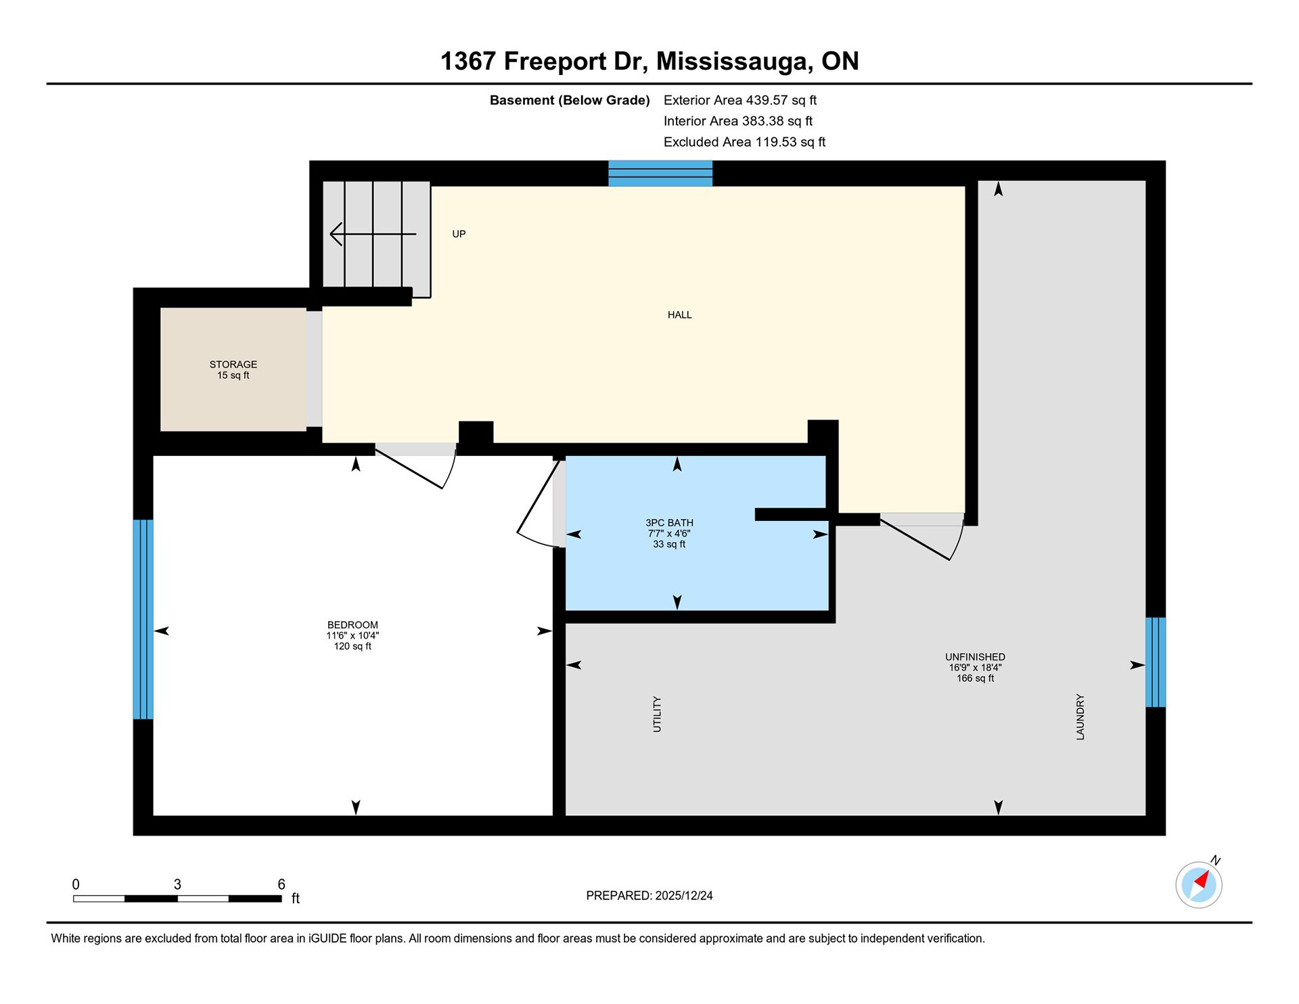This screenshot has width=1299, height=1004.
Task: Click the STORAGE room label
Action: (x=233, y=364)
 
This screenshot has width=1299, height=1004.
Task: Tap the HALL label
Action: (x=679, y=315)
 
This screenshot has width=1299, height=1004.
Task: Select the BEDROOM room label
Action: (x=352, y=625)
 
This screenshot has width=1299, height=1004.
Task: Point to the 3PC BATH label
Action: (x=669, y=523)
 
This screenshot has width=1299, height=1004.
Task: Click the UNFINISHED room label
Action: (x=975, y=657)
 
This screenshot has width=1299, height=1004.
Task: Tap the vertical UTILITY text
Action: (x=657, y=714)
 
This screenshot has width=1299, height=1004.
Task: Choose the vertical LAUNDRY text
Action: (x=1080, y=716)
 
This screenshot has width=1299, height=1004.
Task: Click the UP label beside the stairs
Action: (x=459, y=234)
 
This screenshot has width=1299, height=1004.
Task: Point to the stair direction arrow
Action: (x=373, y=234)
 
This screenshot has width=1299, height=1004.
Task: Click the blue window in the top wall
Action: (x=660, y=173)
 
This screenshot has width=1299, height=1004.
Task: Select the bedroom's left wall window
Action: (x=143, y=619)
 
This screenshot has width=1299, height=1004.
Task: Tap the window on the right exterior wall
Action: (x=1156, y=662)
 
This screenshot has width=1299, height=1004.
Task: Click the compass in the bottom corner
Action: (x=1199, y=884)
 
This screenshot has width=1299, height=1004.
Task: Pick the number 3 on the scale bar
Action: (x=177, y=884)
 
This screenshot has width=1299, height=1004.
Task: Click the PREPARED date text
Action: (x=649, y=896)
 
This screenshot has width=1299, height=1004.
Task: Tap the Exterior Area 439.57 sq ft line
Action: (x=740, y=100)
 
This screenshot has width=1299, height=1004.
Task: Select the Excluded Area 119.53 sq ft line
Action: (x=744, y=142)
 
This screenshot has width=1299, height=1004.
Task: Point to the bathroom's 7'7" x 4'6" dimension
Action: (x=669, y=534)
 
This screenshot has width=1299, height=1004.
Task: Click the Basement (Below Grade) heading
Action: (x=570, y=100)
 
